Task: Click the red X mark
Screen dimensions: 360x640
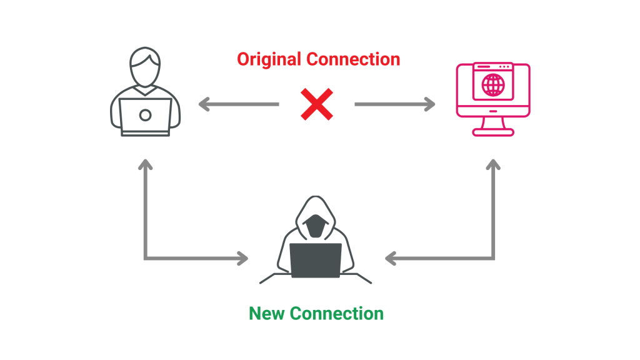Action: click(x=317, y=104)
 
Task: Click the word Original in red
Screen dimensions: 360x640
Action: click(x=269, y=60)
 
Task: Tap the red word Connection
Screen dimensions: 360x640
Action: click(x=352, y=60)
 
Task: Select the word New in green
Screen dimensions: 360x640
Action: click(x=267, y=313)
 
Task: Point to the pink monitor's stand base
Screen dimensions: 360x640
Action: click(x=493, y=132)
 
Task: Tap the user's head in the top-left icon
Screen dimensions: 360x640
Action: click(x=146, y=66)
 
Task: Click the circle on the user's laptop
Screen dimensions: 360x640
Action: click(x=145, y=115)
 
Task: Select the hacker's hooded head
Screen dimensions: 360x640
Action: click(x=316, y=219)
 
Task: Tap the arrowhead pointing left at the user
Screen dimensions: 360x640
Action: click(x=203, y=104)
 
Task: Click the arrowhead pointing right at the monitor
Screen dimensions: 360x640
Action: click(x=429, y=104)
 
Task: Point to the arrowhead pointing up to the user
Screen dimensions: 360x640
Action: click(x=145, y=164)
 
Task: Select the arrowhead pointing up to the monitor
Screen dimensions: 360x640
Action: click(x=493, y=164)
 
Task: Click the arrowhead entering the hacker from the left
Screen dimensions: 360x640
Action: click(x=242, y=257)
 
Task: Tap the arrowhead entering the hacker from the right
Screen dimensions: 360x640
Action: click(x=391, y=257)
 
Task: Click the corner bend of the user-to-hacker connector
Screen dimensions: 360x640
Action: click(x=146, y=257)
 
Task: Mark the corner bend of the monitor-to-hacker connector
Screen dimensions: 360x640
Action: click(x=493, y=257)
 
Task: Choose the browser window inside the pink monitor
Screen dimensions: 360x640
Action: click(x=493, y=81)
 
